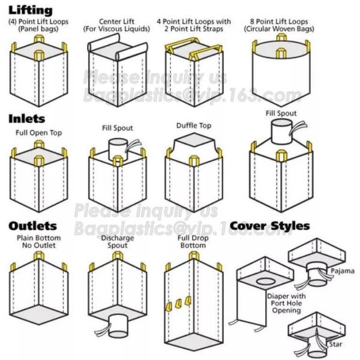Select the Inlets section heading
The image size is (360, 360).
(x=26, y=119)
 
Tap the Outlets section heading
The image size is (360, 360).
(x=32, y=226)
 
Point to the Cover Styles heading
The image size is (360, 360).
(x=269, y=226)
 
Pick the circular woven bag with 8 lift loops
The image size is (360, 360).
(x=278, y=69)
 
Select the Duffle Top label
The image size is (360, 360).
(x=193, y=125)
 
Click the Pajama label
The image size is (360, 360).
(x=341, y=271)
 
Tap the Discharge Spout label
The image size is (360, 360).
(x=113, y=241)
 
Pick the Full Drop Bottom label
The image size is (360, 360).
(x=193, y=241)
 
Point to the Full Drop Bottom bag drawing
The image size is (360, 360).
(x=193, y=300)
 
